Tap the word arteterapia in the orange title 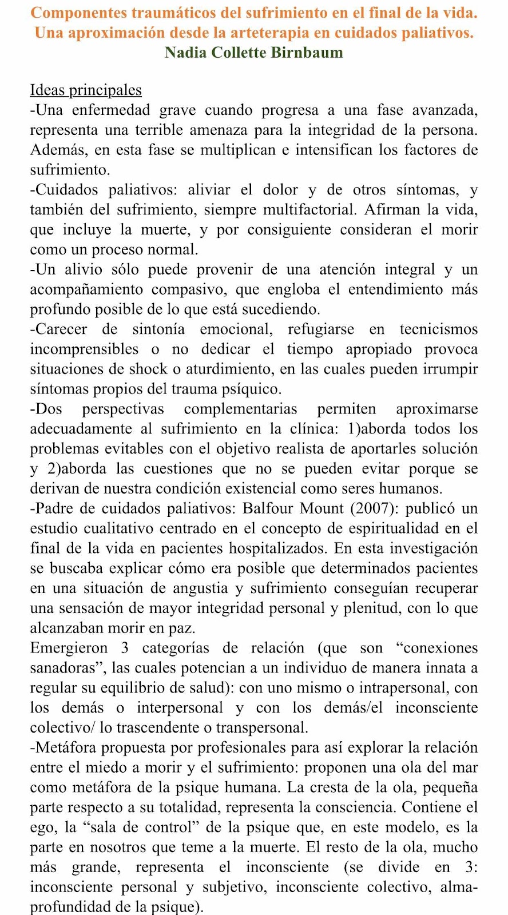coord(265,33)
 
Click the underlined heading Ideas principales coord(86,90)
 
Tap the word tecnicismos coord(439,329)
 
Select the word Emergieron coord(69,648)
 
